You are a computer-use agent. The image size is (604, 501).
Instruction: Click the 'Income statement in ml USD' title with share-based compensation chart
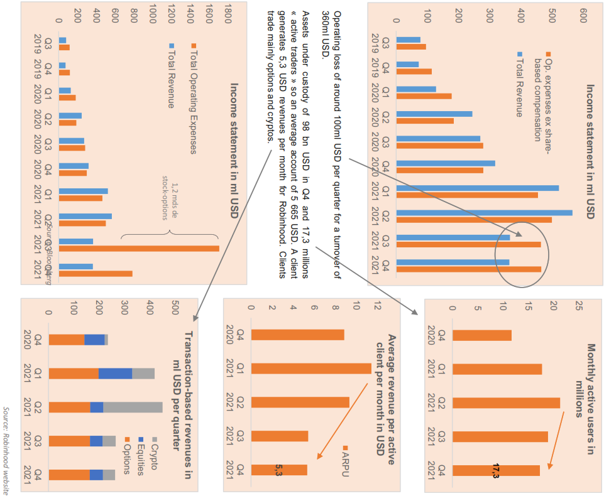590,151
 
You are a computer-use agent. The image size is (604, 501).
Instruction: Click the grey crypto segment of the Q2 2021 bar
133,407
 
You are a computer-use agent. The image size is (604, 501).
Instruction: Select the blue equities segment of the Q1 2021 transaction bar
115,374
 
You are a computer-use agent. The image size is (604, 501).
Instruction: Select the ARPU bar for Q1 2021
311,369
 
